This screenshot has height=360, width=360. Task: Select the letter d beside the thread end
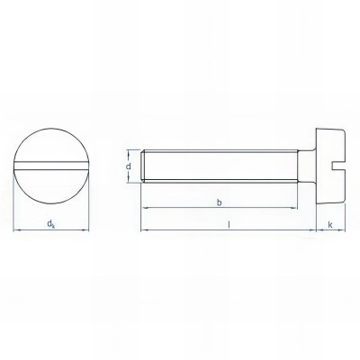[130, 166]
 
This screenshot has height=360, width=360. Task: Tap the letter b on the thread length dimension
[220, 202]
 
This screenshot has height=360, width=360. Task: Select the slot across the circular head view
[51, 166]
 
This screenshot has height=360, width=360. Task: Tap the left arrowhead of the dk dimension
[17, 229]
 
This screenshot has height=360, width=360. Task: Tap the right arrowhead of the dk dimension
[86, 229]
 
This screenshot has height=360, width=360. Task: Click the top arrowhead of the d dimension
[137, 151]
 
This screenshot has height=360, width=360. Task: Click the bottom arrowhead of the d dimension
[137, 181]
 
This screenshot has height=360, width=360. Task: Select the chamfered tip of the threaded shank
[144, 166]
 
